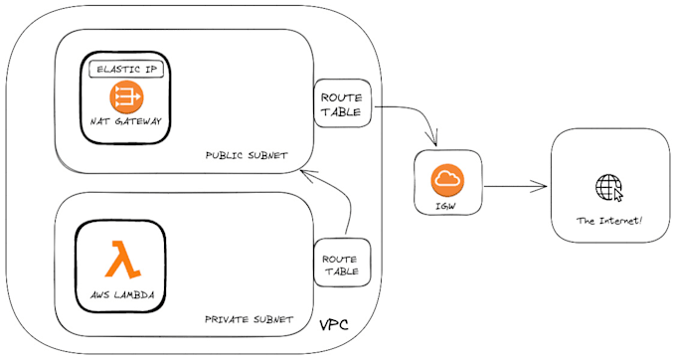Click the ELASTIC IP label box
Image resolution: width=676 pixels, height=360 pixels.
[x=125, y=69]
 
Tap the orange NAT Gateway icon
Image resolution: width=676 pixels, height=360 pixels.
[x=125, y=95]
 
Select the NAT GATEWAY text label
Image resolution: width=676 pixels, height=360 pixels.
[x=125, y=121]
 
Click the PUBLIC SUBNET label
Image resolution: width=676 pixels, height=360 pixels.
[x=247, y=155]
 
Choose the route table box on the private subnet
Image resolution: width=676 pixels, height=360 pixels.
[x=341, y=263]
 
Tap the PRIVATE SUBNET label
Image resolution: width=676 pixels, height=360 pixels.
[x=249, y=319]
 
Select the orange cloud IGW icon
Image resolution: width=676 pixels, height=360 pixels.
[x=447, y=180]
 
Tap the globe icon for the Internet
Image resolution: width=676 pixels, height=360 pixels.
[x=606, y=186]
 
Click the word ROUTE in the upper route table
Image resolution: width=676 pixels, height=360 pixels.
[x=343, y=97]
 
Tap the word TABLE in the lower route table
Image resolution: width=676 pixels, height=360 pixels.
[x=341, y=270]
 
